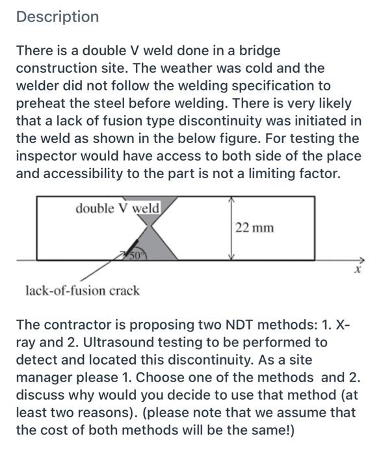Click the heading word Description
(x=58, y=17)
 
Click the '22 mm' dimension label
(x=254, y=227)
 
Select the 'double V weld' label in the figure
(x=117, y=209)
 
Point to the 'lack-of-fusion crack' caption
(x=82, y=291)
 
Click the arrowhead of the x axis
(x=361, y=261)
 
